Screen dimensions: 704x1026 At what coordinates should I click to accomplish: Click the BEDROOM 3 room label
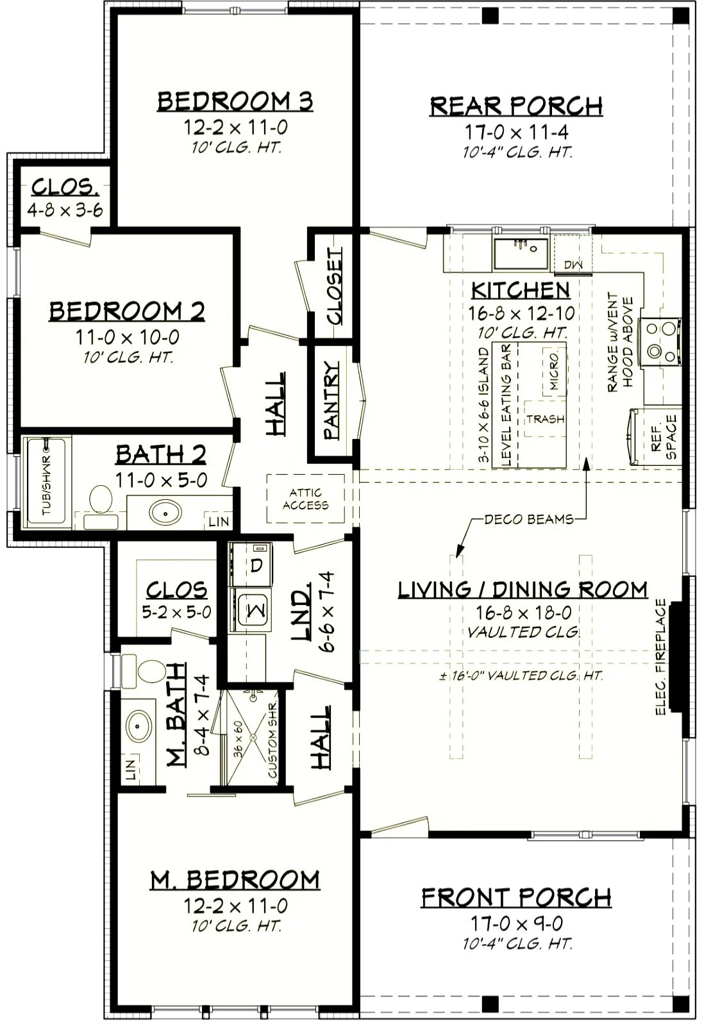235,101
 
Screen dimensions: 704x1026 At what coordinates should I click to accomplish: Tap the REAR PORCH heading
516,106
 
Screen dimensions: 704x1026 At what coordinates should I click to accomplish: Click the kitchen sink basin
521,254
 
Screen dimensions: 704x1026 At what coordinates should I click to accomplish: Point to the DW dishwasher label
573,265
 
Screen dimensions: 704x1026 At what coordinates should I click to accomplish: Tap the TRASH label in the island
545,419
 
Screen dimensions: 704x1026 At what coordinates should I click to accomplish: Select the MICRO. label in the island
554,372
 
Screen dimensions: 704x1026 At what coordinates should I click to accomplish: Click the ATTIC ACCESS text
305,499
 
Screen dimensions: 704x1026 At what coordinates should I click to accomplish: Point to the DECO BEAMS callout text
529,519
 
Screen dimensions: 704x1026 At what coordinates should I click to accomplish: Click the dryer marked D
251,565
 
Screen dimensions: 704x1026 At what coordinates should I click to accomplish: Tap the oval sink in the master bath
139,726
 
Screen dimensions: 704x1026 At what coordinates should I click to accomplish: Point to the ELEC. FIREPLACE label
660,657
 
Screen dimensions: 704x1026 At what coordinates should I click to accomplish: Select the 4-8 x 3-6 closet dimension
65,210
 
